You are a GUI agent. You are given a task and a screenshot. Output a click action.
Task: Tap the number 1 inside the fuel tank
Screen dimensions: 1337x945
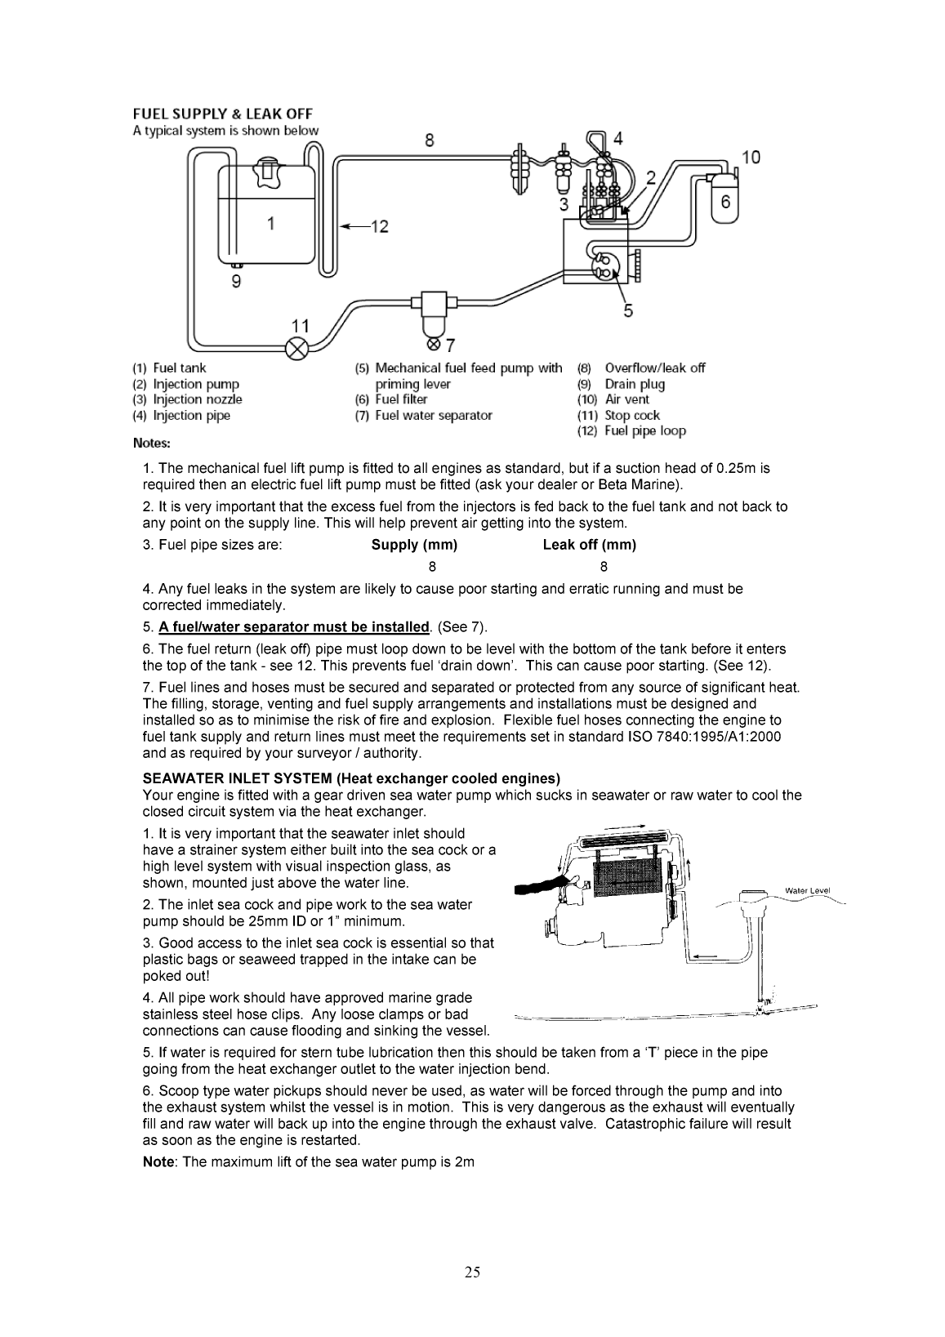(270, 222)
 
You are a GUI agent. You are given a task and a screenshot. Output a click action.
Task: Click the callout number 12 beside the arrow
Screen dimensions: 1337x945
(379, 226)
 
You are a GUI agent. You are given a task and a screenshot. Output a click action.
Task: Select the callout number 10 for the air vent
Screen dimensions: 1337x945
(750, 157)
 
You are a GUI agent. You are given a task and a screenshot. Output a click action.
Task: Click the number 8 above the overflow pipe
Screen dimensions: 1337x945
(430, 140)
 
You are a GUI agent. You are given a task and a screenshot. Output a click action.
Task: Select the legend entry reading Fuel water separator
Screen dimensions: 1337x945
(433, 416)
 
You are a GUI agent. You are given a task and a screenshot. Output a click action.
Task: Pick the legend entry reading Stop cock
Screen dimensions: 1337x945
(631, 416)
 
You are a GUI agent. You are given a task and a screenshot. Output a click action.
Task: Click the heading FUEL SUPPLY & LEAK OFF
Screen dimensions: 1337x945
(223, 114)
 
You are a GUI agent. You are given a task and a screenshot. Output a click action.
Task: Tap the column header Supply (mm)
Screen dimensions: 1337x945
(414, 545)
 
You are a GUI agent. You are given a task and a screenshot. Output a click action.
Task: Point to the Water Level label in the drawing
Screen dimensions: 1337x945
(807, 890)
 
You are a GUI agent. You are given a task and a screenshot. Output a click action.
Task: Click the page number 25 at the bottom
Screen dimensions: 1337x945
(472, 1272)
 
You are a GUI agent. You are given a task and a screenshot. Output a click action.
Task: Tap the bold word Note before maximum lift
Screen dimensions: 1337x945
(158, 1161)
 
